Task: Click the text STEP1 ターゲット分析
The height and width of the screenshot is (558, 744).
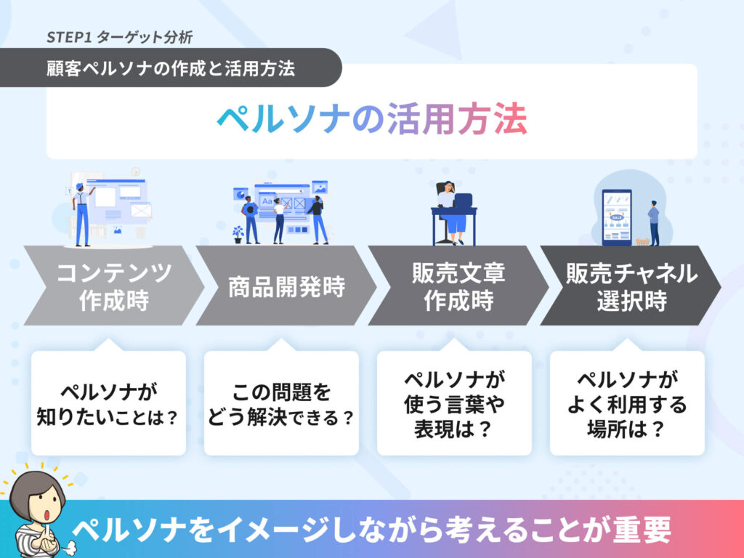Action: tap(120, 38)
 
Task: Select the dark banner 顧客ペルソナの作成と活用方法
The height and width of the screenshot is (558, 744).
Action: tap(171, 68)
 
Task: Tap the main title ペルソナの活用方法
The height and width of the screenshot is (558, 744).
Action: tap(372, 118)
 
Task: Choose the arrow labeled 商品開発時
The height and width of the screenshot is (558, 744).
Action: tap(286, 286)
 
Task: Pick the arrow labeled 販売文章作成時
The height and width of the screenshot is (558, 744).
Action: tap(458, 286)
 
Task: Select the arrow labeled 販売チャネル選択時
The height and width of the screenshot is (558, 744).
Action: tap(631, 286)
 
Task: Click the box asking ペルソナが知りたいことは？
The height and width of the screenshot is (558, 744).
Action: tap(109, 403)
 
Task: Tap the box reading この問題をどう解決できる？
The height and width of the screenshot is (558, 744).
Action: tap(281, 403)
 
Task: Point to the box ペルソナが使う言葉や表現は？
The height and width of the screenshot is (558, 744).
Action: tap(454, 403)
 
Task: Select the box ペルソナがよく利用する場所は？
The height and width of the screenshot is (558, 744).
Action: tap(627, 403)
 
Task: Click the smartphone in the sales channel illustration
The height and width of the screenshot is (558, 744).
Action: tap(617, 217)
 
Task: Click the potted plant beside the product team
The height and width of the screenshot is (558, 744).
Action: tap(238, 235)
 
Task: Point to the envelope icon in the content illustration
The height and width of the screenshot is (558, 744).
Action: tap(141, 210)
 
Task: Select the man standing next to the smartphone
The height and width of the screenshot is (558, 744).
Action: tap(654, 223)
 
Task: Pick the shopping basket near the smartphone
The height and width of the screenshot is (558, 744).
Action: tap(642, 241)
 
